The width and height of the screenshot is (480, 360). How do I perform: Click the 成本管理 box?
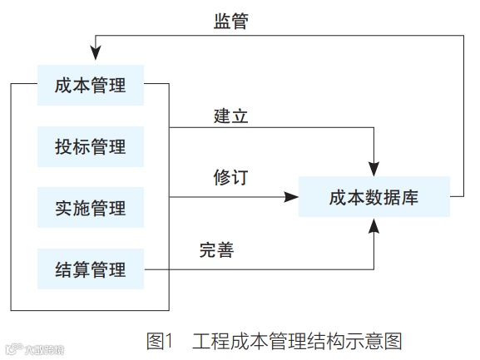pyautogui.click(x=91, y=85)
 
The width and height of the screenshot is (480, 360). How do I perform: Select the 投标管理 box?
pyautogui.click(x=91, y=146)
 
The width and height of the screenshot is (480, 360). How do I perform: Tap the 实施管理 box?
pyautogui.click(x=91, y=208)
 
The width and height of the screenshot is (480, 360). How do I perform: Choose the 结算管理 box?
pyautogui.click(x=91, y=269)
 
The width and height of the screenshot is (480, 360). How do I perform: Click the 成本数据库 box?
pyautogui.click(x=374, y=198)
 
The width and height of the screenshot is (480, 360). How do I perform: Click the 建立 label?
pyautogui.click(x=230, y=115)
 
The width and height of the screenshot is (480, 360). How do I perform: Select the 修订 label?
pyautogui.click(x=230, y=178)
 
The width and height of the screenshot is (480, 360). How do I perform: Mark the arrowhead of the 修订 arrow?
pyautogui.click(x=291, y=198)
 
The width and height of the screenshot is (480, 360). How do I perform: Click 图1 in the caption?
pyautogui.click(x=158, y=340)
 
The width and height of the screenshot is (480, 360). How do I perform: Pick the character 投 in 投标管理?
pyautogui.click(x=63, y=146)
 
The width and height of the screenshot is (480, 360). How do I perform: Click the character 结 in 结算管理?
pyautogui.click(x=63, y=269)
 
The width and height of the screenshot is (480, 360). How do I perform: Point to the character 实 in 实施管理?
pyautogui.click(x=63, y=208)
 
